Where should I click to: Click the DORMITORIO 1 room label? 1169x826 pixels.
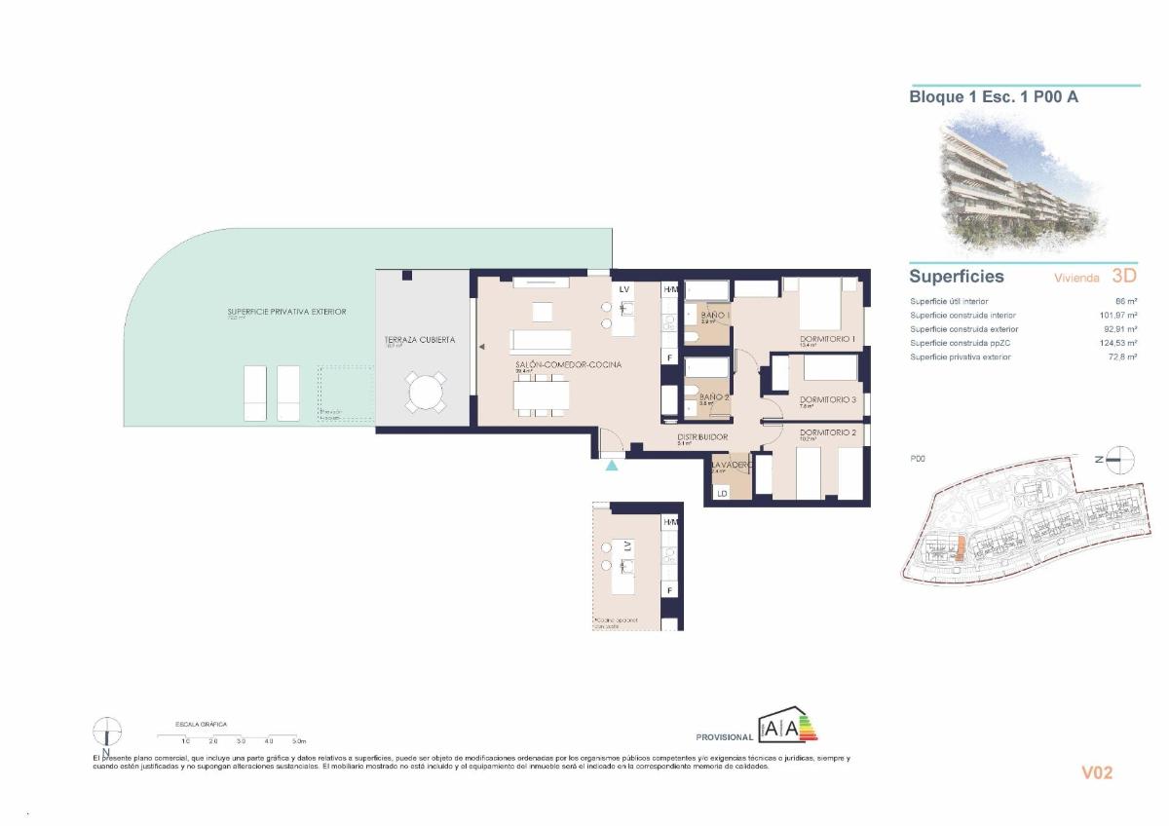826,339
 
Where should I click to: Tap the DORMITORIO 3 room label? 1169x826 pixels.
827,399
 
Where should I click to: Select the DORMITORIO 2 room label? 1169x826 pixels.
827,432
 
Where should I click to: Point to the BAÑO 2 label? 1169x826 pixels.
714,396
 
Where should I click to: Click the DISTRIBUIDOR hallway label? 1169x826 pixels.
702,437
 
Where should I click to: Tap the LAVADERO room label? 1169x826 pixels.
731,466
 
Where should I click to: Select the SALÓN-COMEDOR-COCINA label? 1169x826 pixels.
568,365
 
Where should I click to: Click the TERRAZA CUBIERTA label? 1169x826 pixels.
419,340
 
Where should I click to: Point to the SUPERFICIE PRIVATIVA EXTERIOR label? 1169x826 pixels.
281,312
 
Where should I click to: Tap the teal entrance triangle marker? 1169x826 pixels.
612,467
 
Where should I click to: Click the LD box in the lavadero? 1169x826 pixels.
722,494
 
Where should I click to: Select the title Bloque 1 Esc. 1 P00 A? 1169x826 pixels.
993,96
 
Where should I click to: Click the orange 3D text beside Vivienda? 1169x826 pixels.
1123,277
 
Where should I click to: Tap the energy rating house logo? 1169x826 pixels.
788,726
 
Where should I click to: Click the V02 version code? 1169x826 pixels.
1097,772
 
